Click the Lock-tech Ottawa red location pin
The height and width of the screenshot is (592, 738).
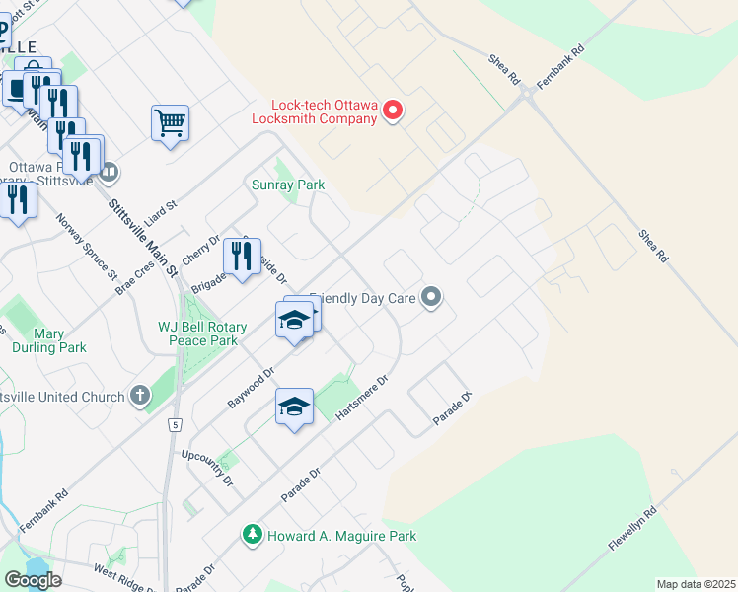click(x=393, y=110)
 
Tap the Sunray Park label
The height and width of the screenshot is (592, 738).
click(x=288, y=185)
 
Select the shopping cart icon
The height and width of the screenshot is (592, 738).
click(x=170, y=123)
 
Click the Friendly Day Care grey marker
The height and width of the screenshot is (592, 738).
click(x=430, y=296)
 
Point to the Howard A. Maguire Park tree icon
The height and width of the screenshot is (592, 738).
click(x=253, y=535)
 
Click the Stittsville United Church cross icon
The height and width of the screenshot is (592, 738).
click(x=140, y=397)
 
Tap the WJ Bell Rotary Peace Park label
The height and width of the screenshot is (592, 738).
click(x=198, y=333)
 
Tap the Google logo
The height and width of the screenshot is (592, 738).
click(x=33, y=579)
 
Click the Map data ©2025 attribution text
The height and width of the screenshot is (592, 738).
click(x=696, y=584)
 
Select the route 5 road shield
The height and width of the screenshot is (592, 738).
click(x=174, y=424)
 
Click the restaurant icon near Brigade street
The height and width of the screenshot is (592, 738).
click(x=243, y=257)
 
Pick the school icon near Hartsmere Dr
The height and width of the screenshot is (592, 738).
click(x=294, y=407)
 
